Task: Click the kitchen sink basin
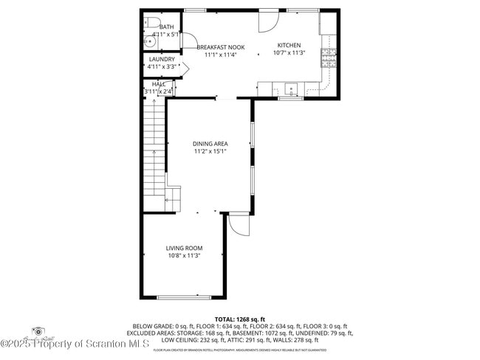pos(291,89)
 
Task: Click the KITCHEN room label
pos(288,45)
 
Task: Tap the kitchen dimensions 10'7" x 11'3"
pos(288,53)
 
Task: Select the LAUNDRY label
pos(162,59)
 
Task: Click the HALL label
pos(158,84)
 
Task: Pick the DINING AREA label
pos(210,143)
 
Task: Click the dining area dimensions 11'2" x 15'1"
pos(210,151)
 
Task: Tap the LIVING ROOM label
pos(184,248)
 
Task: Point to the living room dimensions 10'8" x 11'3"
pos(184,256)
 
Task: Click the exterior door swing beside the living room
pos(238,224)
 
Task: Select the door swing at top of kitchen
pos(267,21)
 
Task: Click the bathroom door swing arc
pos(188,41)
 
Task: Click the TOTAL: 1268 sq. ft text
pos(240,318)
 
